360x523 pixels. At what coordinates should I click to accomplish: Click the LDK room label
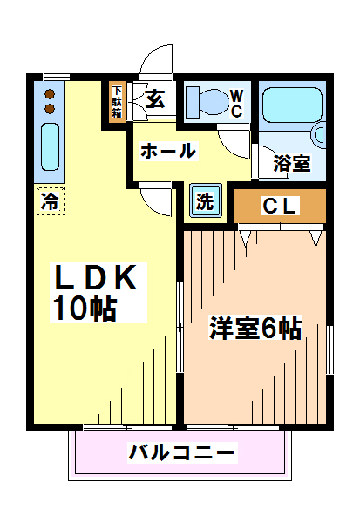coord(96,277)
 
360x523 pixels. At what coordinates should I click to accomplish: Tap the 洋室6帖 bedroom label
coord(255,328)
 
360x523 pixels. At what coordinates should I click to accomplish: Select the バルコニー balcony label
coord(182,452)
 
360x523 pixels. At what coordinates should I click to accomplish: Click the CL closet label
coord(279,206)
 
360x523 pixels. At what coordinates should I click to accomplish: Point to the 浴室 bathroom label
coord(292,163)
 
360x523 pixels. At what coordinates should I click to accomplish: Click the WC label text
coord(236,104)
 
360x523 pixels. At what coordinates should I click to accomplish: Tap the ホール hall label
coord(168,151)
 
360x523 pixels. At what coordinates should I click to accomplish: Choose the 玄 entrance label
coord(155,99)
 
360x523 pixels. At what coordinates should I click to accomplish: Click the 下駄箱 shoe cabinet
coord(117,102)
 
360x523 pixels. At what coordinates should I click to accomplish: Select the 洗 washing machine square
coord(206,200)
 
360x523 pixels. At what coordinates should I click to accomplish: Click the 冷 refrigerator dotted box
coord(50,200)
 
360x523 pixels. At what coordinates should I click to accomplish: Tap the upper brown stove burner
coord(50,94)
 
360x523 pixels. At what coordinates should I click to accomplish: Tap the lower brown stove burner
coord(50,109)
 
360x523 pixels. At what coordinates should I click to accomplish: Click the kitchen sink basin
coord(50,146)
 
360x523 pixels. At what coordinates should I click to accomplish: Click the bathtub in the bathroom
coord(292,105)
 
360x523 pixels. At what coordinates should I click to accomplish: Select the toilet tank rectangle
coord(193,102)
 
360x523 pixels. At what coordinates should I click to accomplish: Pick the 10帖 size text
coord(85,309)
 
